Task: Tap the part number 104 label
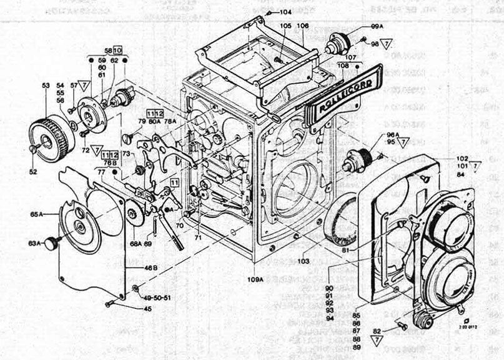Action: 285,12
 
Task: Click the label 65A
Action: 37,214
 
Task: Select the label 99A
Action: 377,27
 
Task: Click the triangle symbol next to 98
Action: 387,44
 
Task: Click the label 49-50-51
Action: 156,297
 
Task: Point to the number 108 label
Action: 342,65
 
